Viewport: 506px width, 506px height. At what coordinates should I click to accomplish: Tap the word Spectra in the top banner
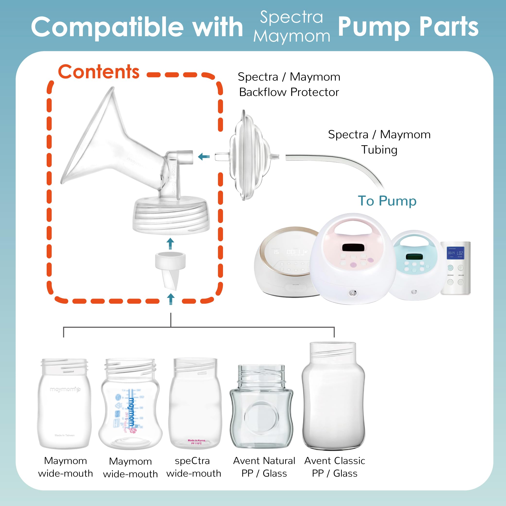click(291, 17)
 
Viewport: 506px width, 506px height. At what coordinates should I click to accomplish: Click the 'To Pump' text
click(387, 201)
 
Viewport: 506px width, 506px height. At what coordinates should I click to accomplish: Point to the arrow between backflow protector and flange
click(204, 157)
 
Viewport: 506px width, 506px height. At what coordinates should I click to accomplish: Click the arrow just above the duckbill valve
click(171, 244)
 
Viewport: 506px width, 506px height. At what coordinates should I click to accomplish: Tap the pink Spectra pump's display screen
click(352, 247)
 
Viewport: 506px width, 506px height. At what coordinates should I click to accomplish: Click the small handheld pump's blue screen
click(455, 253)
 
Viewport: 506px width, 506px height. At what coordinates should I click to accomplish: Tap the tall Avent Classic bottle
click(333, 395)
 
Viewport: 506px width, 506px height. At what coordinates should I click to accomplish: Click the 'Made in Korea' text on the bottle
click(196, 440)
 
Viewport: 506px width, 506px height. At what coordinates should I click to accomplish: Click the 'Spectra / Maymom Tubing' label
click(379, 142)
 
